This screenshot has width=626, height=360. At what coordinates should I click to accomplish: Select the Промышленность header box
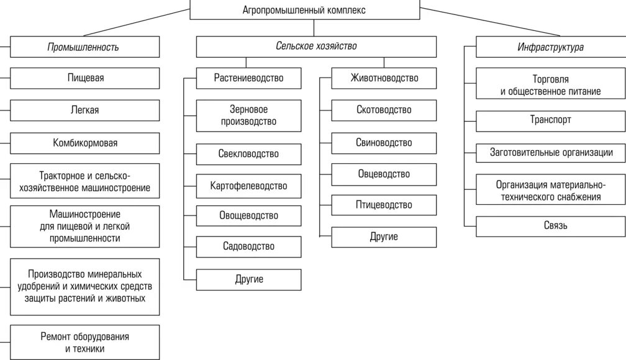pos(84,47)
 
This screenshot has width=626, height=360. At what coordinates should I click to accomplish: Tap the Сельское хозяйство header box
pos(316,47)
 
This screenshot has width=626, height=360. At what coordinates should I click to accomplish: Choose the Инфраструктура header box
pos(550,47)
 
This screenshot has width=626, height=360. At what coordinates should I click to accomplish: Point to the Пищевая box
pos(85,78)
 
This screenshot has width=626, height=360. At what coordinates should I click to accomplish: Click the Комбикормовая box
pos(85,143)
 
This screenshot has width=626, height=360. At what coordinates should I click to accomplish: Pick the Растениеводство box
pos(248,78)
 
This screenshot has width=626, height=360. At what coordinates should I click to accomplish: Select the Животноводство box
pos(384,78)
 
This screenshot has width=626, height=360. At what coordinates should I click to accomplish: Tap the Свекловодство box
pos(248,154)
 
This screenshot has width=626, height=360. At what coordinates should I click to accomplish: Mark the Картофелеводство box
pos(248,185)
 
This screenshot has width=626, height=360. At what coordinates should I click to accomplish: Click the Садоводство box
pos(248,246)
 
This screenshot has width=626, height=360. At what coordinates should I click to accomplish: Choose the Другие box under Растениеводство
pos(248,279)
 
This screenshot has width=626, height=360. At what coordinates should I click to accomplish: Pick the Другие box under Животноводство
pos(384,236)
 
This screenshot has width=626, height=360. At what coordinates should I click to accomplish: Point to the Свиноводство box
pos(384,143)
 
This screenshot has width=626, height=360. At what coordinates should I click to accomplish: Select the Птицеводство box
pos(384,205)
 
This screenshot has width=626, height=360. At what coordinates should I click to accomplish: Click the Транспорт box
pos(550,120)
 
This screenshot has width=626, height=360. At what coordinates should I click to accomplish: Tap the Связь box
pos(550,226)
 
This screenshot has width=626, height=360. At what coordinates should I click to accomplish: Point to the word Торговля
pos(550,79)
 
